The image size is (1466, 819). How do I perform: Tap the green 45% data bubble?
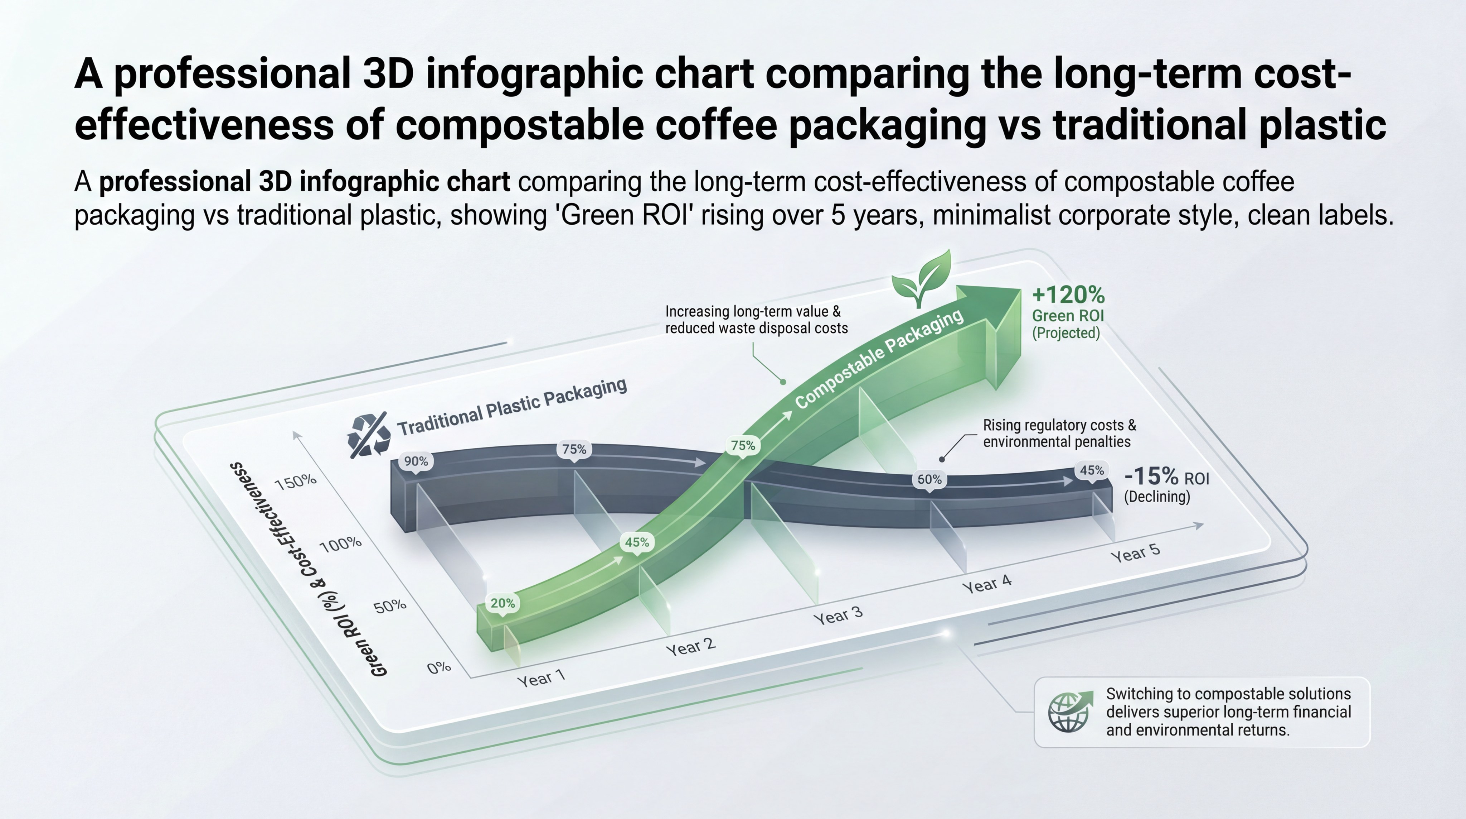coord(637,542)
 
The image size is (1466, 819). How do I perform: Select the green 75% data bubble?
coord(743,445)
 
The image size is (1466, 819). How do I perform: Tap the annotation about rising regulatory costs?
coord(1059,434)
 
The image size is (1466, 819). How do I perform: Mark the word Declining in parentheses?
coord(1157,497)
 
